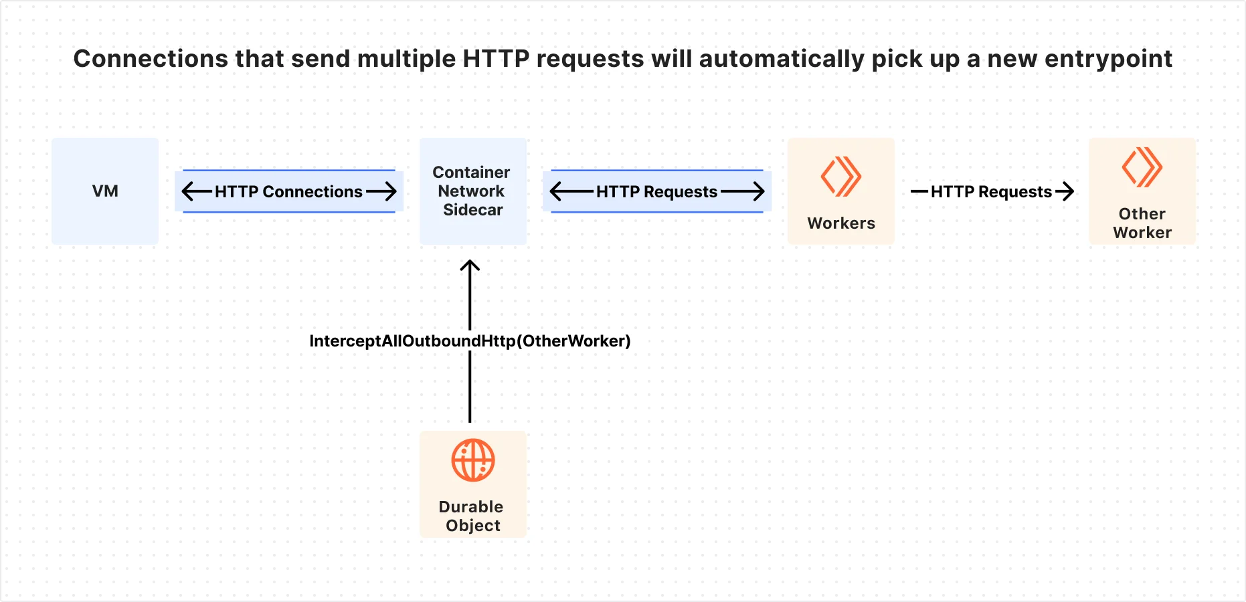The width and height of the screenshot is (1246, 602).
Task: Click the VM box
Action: coord(105,191)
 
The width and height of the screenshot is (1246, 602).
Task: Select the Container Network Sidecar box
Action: coord(472,191)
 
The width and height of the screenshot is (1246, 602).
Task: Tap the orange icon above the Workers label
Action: coord(840,177)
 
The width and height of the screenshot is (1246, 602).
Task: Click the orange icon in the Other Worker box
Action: coord(1142,167)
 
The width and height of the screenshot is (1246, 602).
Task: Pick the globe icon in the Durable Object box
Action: coord(472,460)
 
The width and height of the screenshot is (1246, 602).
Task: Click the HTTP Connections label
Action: coord(288,192)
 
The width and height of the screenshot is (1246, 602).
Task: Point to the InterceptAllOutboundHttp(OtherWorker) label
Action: coord(470,341)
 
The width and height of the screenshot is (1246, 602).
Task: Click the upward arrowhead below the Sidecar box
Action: coord(470,266)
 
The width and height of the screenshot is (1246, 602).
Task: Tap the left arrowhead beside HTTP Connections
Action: coord(188,192)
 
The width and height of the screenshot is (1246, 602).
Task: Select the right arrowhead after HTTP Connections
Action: coord(391,192)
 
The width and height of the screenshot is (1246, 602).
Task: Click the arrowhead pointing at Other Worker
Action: coord(1068,192)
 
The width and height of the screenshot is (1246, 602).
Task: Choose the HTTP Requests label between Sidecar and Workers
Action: coord(656,192)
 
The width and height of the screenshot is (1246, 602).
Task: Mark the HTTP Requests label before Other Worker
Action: coord(991,192)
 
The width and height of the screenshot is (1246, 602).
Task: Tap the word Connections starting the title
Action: coord(151,59)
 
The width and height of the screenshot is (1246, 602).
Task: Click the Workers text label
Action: coord(841,223)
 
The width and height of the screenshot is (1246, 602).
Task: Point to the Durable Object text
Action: coord(472,516)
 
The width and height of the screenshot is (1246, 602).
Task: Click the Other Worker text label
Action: coord(1142,223)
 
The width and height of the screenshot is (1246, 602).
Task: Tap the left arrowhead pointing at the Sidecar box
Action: coord(556,192)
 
